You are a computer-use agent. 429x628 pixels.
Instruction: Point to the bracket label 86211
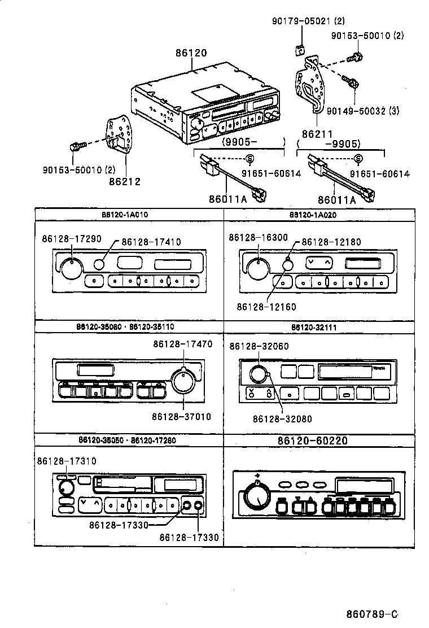pos(317,134)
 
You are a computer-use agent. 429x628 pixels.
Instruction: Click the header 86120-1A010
pos(129,215)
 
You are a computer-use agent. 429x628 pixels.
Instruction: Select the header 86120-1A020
pos(317,215)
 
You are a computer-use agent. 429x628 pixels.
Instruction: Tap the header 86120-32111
pos(317,327)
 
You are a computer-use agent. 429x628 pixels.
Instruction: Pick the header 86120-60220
pos(317,441)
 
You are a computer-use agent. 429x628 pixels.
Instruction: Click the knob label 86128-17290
pos(72,239)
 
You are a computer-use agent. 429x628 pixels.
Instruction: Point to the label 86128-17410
pos(150,242)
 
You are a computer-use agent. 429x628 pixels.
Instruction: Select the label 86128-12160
pos(266,307)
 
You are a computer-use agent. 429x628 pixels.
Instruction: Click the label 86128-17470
pos(182,343)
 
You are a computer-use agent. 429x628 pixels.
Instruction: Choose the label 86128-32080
pos(282,419)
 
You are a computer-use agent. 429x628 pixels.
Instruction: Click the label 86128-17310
pos(67,461)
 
